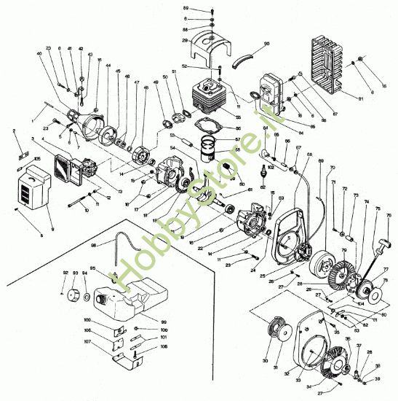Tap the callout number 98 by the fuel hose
tap(93, 245)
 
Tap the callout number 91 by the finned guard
tap(362, 97)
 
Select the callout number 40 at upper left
tap(39, 54)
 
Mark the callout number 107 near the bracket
tap(87, 342)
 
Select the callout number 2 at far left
tap(14, 131)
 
